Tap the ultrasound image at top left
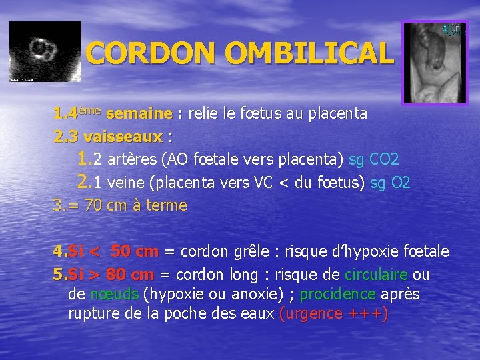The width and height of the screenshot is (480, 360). pos(45,51)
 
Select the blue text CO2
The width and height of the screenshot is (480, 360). pos(383,160)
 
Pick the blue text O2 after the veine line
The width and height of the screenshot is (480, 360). pos(400,183)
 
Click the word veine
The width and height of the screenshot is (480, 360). pos(127,183)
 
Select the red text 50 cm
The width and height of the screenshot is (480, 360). pos(135,252)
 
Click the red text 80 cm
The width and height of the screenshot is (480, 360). pos(131,275)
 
